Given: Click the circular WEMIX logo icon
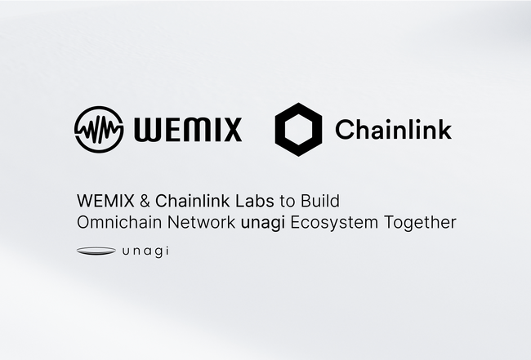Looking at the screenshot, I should (99, 129).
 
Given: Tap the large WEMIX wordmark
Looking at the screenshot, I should (188, 130).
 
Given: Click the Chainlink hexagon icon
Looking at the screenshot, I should (298, 129).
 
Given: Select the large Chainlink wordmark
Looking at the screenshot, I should (393, 129).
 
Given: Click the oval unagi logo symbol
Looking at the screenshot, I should (96, 251).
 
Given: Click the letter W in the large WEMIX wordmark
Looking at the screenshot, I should (148, 130).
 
